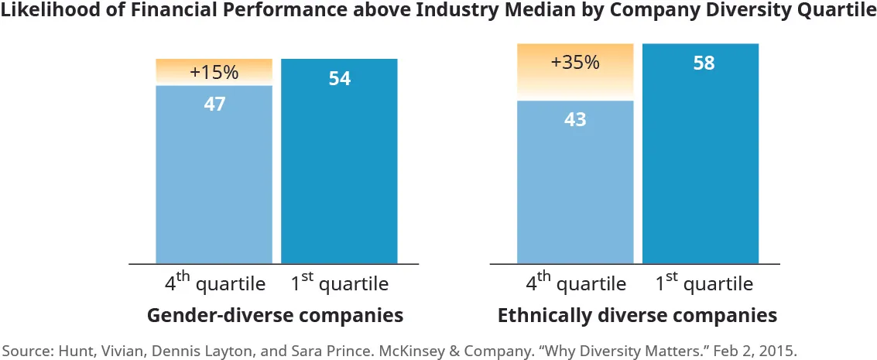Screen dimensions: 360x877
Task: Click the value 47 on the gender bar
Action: (214, 104)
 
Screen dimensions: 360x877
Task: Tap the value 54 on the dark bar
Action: (339, 78)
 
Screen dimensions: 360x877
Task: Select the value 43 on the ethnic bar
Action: (575, 120)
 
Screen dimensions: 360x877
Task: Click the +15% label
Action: (214, 73)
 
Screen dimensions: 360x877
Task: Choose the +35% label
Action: (575, 63)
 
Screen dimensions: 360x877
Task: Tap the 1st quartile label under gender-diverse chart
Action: (340, 283)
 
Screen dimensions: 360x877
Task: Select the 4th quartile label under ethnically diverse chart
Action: (575, 283)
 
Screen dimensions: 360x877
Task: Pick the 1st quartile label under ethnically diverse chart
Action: (704, 283)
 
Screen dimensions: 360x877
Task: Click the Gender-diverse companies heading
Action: (275, 316)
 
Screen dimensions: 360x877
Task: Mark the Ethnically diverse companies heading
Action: (637, 316)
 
